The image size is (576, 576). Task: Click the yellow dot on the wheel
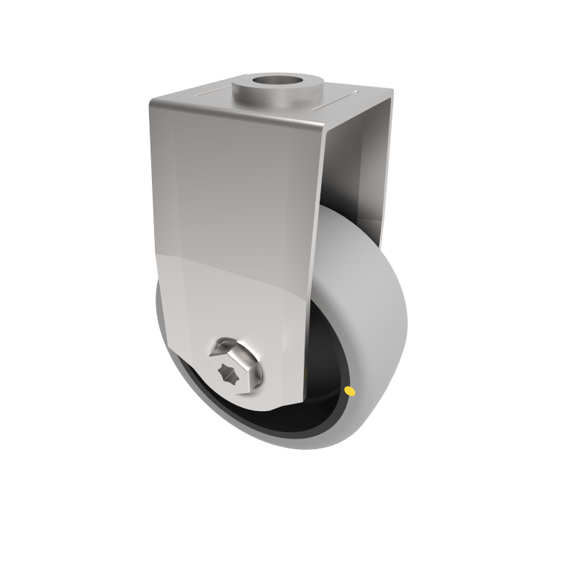[350, 391]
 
